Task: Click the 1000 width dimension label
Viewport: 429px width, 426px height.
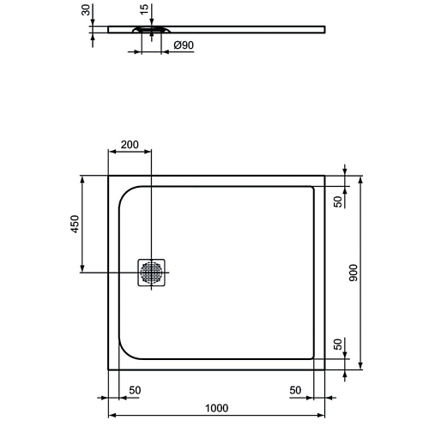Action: coord(217,408)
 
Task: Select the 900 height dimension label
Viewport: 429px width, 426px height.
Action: coord(353,273)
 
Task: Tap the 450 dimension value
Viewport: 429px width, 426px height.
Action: coord(75,224)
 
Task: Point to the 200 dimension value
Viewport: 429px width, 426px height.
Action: coord(130,145)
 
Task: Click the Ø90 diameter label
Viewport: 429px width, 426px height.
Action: coord(184,45)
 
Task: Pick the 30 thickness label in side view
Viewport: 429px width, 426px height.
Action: coord(86,10)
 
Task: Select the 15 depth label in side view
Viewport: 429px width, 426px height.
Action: coord(145,9)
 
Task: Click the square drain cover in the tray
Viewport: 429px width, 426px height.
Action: coord(151,273)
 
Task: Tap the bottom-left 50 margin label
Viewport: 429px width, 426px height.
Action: coord(135,390)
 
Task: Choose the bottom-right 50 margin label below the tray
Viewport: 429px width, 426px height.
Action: coord(295,390)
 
